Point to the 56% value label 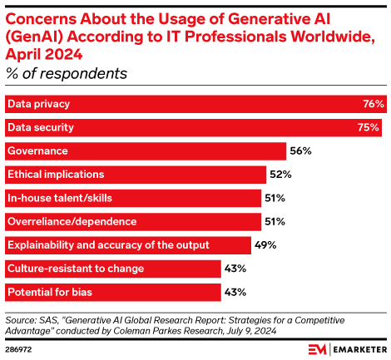[300, 151]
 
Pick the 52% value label [280, 175]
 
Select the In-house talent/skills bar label [59, 199]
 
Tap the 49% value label [265, 245]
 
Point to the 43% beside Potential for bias [236, 293]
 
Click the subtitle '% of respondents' [67, 73]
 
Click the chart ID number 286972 [20, 347]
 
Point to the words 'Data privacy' [38, 105]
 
